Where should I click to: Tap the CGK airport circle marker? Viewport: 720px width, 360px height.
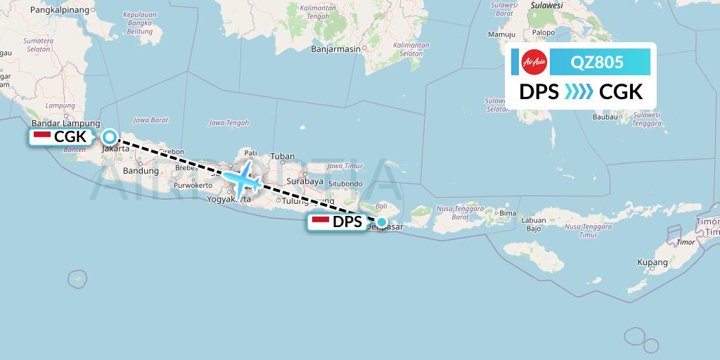(110, 137)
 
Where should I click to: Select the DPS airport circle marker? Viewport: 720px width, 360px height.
(381, 223)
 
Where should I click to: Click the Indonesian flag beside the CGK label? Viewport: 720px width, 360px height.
(41, 136)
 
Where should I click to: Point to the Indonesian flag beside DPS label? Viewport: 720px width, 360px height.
(320, 222)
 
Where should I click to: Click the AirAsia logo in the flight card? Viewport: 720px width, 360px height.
(534, 62)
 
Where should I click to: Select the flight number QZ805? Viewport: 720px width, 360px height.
(597, 62)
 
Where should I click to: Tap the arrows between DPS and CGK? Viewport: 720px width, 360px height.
(579, 92)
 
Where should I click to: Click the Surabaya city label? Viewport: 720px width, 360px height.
(305, 181)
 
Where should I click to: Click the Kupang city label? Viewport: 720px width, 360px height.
(652, 262)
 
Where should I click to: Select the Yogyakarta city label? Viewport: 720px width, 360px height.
(229, 199)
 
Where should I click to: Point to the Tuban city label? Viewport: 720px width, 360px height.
(283, 156)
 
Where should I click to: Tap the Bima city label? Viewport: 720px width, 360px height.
(508, 213)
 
